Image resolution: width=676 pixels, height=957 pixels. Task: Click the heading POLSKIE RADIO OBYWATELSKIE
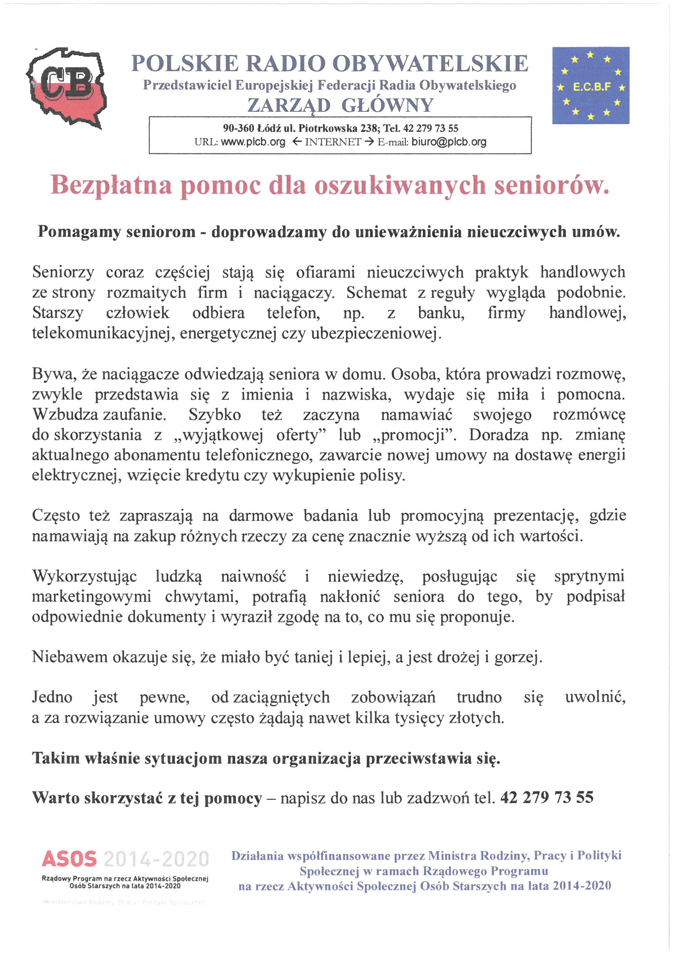(x=330, y=64)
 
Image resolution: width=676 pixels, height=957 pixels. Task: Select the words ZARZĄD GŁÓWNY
(x=340, y=105)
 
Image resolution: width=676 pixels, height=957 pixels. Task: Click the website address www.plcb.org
(x=253, y=142)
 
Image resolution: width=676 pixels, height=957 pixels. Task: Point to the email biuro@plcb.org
(x=449, y=142)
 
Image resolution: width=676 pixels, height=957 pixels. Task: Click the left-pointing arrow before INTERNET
(x=297, y=142)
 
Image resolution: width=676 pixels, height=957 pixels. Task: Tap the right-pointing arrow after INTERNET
(x=369, y=142)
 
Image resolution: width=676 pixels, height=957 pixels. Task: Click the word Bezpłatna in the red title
(x=111, y=185)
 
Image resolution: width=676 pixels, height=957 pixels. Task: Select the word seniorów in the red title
(x=551, y=185)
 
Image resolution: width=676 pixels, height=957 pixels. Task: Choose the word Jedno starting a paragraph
(x=52, y=697)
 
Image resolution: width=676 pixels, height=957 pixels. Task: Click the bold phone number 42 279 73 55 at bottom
(x=546, y=798)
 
